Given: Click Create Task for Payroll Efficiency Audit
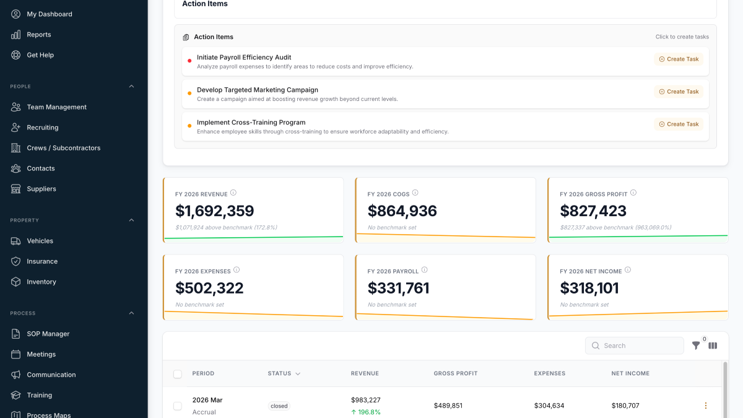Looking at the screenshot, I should [679, 59].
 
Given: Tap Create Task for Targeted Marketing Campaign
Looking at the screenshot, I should [679, 92].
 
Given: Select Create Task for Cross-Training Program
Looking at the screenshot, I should [679, 124].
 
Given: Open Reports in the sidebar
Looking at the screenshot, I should [38, 35].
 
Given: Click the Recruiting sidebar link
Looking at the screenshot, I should [42, 128].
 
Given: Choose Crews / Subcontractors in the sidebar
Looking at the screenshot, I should [63, 148].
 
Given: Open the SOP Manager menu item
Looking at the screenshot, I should [48, 334].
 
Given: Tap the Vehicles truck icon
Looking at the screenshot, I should [16, 241].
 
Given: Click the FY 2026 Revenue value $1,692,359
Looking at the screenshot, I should [215, 211].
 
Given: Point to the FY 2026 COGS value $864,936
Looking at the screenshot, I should [402, 211].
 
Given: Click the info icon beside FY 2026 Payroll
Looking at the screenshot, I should [424, 270].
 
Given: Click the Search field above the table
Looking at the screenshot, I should [635, 346].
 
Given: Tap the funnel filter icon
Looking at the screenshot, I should [696, 346].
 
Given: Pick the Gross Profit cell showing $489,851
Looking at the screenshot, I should [448, 406].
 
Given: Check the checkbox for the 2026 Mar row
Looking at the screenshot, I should [178, 406].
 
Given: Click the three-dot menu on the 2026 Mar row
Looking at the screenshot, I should [705, 406].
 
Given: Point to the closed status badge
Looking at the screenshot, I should [279, 406].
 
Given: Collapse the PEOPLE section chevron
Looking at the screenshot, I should [131, 87].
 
